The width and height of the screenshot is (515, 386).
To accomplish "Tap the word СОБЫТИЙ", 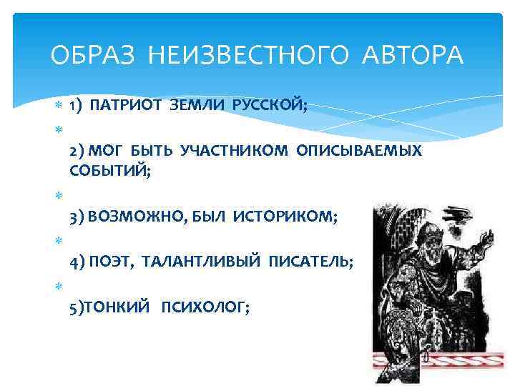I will (x=109, y=169).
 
